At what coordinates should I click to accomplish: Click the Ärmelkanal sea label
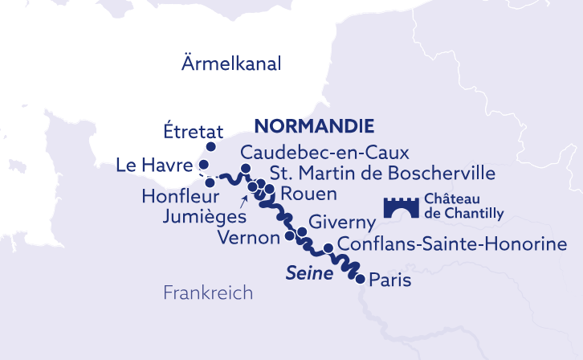point(230,64)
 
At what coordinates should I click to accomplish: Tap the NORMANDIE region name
point(315,126)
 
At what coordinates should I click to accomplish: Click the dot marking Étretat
point(211,147)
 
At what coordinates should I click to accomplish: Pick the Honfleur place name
point(171,195)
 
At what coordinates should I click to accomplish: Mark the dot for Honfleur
point(210,182)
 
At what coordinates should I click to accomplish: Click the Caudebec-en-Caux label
point(325,153)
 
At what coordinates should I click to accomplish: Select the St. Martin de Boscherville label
point(382,173)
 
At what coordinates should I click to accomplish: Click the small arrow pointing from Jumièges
point(243,198)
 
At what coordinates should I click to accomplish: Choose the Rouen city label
point(308,194)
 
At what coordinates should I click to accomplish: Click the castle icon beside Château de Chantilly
point(398,208)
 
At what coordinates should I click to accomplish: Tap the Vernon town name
point(247,238)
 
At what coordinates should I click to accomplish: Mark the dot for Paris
point(360,279)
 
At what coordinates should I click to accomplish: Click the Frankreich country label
point(208,292)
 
